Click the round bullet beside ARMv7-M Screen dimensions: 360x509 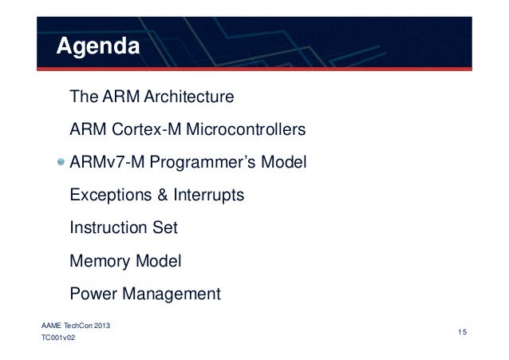61,164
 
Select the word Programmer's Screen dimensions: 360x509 202,163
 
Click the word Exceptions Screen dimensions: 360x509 110,196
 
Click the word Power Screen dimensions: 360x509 93,294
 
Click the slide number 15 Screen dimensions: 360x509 462,330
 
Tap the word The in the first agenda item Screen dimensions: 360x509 84,97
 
